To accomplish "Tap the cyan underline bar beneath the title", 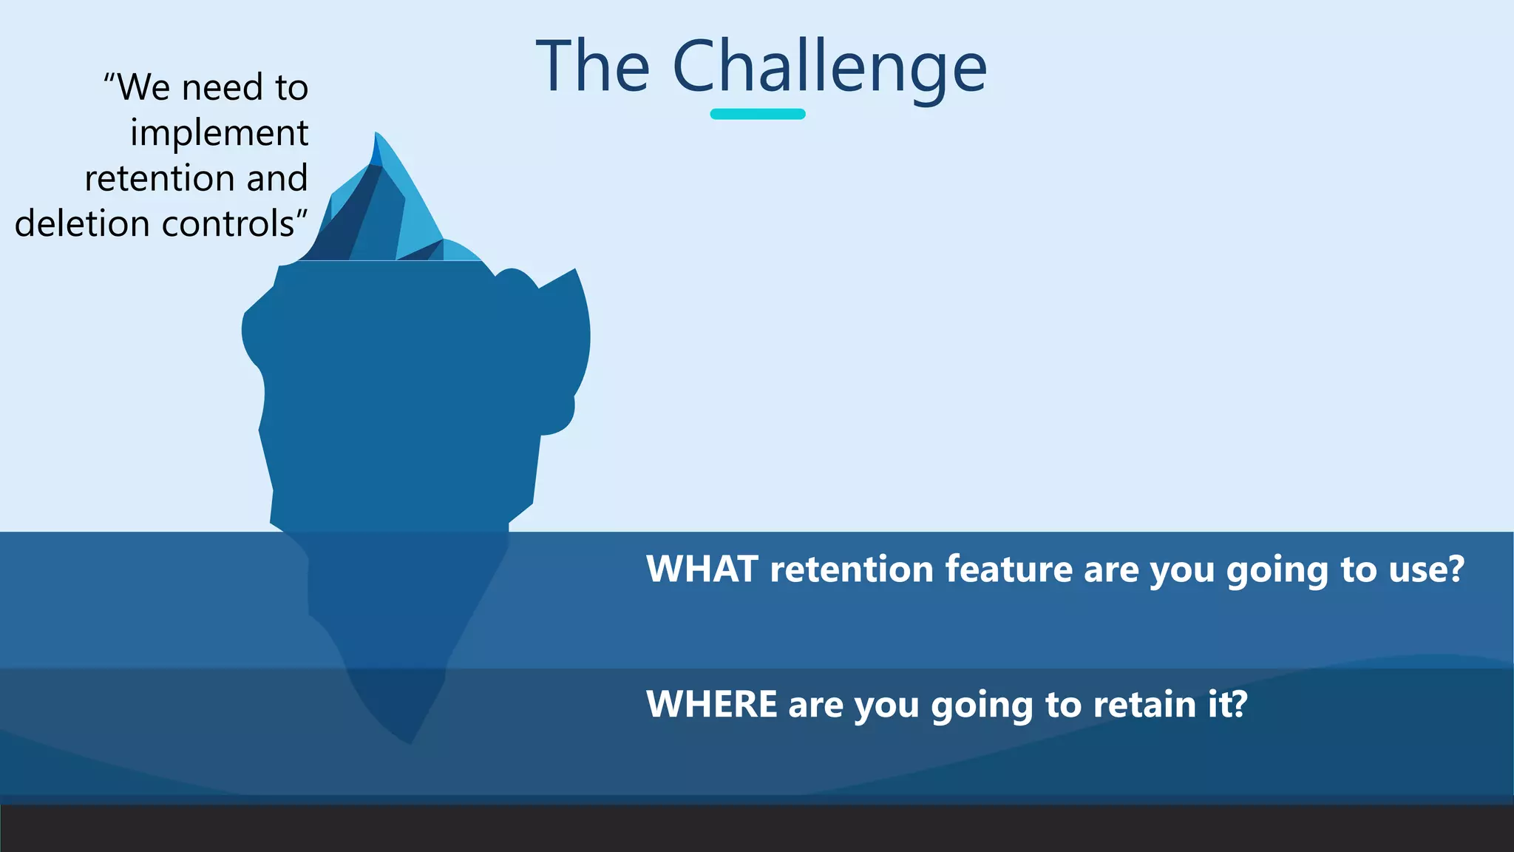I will pyautogui.click(x=758, y=114).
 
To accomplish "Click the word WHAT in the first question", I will pyautogui.click(x=702, y=569).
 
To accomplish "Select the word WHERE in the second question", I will pyautogui.click(x=711, y=703).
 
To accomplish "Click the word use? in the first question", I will pyautogui.click(x=1426, y=569).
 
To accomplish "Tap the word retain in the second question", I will pyautogui.click(x=1144, y=703).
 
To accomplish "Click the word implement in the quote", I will pyautogui.click(x=220, y=134).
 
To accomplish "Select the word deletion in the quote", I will pyautogui.click(x=82, y=223).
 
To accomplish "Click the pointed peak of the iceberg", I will pyautogui.click(x=376, y=135).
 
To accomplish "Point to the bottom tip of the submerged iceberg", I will pyautogui.click(x=410, y=742).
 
